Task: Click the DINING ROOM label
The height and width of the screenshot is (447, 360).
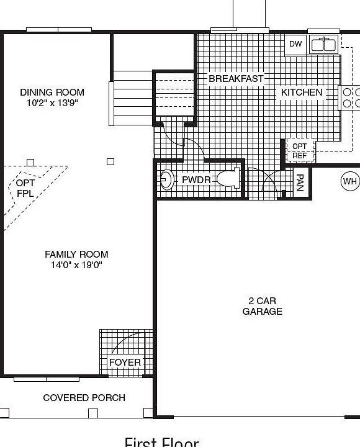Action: coord(52,93)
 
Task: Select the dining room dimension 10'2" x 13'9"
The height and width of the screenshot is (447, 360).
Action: coord(52,103)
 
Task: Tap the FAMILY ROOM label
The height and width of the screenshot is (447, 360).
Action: coord(76,254)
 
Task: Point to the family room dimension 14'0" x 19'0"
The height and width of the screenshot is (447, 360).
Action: coord(76,265)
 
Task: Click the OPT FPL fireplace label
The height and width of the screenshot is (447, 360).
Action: coord(25,188)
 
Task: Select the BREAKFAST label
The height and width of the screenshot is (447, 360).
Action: coord(236,79)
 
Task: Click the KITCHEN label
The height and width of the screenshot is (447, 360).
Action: coord(302,93)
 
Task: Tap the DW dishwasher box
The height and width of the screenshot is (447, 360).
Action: coord(295,44)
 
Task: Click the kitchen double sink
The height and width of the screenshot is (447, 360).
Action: coord(323,44)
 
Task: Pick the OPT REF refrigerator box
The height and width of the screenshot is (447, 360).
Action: coord(299,151)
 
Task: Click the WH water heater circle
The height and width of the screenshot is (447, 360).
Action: coord(350,181)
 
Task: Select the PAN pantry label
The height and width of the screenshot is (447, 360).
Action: coord(300,183)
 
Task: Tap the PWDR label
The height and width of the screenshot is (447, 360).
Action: coord(196,180)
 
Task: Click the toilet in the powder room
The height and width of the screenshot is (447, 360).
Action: coord(228,179)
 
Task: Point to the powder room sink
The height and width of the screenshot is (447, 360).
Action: coord(166,180)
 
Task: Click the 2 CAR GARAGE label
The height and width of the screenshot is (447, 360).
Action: coord(262,306)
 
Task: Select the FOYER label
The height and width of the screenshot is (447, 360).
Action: coord(125,362)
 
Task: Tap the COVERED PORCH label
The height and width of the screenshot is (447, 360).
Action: coord(84,397)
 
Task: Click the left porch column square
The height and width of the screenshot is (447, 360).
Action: coord(4,412)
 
